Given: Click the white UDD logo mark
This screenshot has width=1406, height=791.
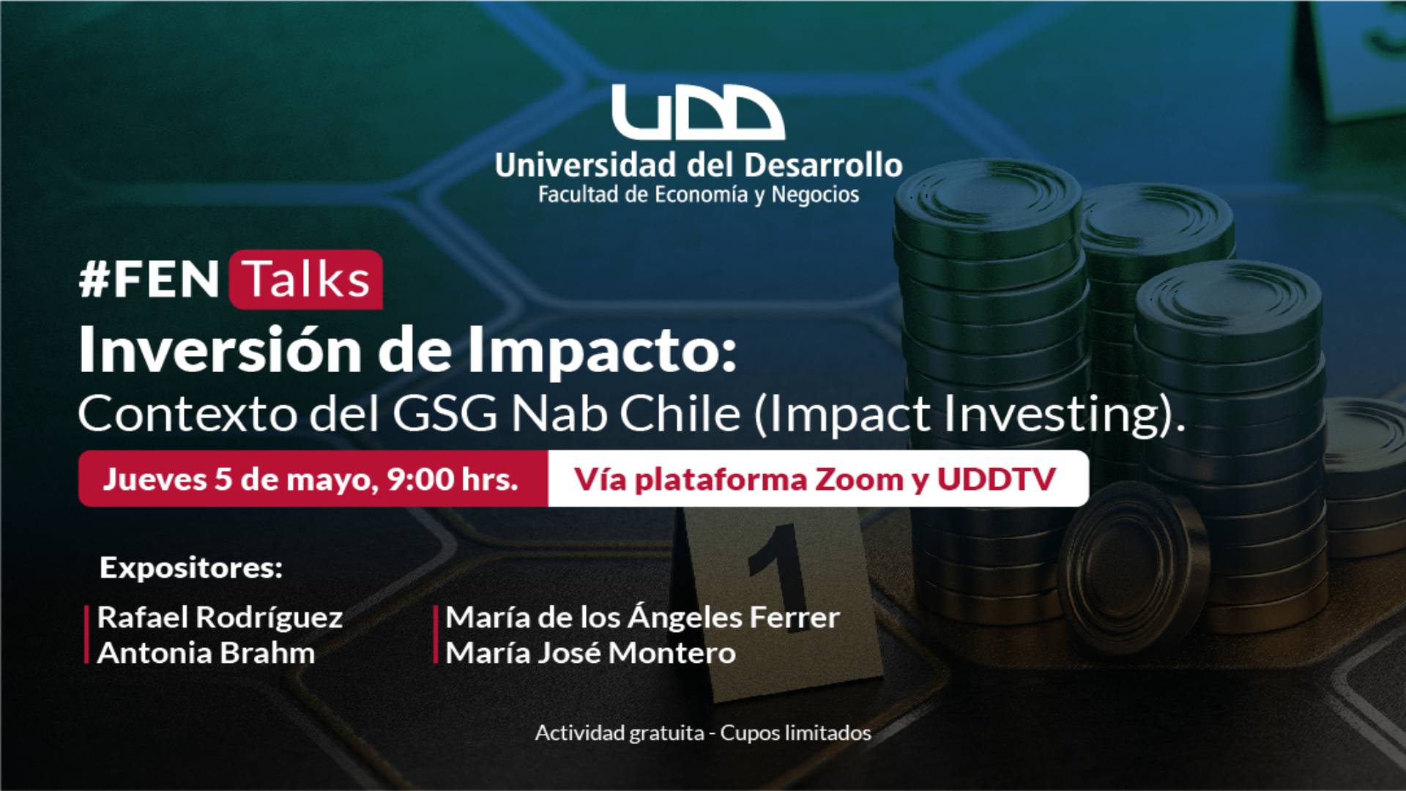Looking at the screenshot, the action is [698, 112].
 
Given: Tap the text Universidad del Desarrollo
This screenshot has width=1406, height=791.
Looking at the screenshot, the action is [699, 166].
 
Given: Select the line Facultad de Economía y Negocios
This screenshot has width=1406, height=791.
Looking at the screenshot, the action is [699, 195].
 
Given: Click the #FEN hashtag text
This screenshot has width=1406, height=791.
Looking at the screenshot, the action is [149, 279].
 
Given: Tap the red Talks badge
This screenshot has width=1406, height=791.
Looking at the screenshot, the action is [306, 279].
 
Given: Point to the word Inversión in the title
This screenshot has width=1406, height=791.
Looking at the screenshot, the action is [220, 349].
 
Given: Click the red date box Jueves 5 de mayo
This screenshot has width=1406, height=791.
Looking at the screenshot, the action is [313, 478].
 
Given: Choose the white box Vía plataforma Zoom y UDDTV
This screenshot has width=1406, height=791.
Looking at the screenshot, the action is [818, 478].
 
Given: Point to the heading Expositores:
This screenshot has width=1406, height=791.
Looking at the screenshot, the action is [191, 568].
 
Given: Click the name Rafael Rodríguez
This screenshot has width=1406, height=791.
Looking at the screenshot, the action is [220, 617].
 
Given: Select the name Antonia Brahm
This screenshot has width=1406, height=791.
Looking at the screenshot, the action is [206, 653].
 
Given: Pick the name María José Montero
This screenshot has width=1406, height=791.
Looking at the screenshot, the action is [591, 653].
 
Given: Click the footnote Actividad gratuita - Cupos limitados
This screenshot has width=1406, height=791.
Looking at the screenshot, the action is [703, 733].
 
